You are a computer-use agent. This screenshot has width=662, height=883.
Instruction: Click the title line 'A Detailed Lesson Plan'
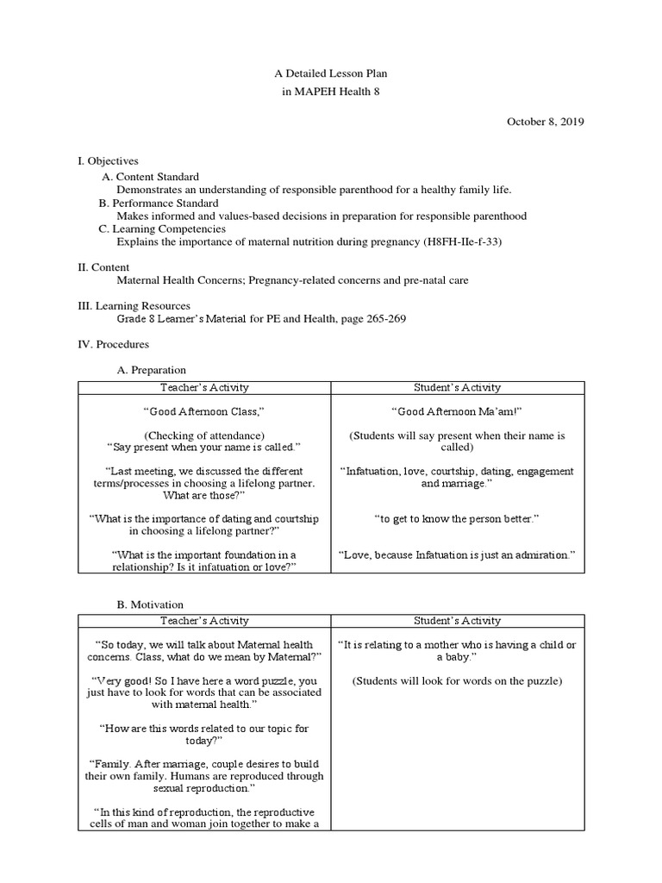click(330, 75)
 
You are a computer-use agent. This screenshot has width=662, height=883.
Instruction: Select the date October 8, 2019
click(545, 122)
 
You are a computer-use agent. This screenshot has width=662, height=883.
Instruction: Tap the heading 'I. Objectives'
click(108, 160)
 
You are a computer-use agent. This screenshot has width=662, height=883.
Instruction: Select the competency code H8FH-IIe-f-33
click(461, 242)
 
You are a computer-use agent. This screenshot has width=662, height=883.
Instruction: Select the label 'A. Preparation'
click(151, 370)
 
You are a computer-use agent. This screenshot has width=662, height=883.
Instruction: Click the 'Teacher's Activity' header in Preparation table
click(204, 388)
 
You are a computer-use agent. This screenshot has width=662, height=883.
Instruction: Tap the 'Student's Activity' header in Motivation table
click(457, 621)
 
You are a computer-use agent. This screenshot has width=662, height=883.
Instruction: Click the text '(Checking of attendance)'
click(204, 435)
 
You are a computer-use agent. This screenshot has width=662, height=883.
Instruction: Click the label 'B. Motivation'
click(150, 604)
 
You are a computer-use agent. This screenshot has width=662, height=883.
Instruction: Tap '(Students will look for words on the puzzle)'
click(457, 681)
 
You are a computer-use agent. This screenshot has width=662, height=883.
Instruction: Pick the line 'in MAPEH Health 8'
click(330, 91)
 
